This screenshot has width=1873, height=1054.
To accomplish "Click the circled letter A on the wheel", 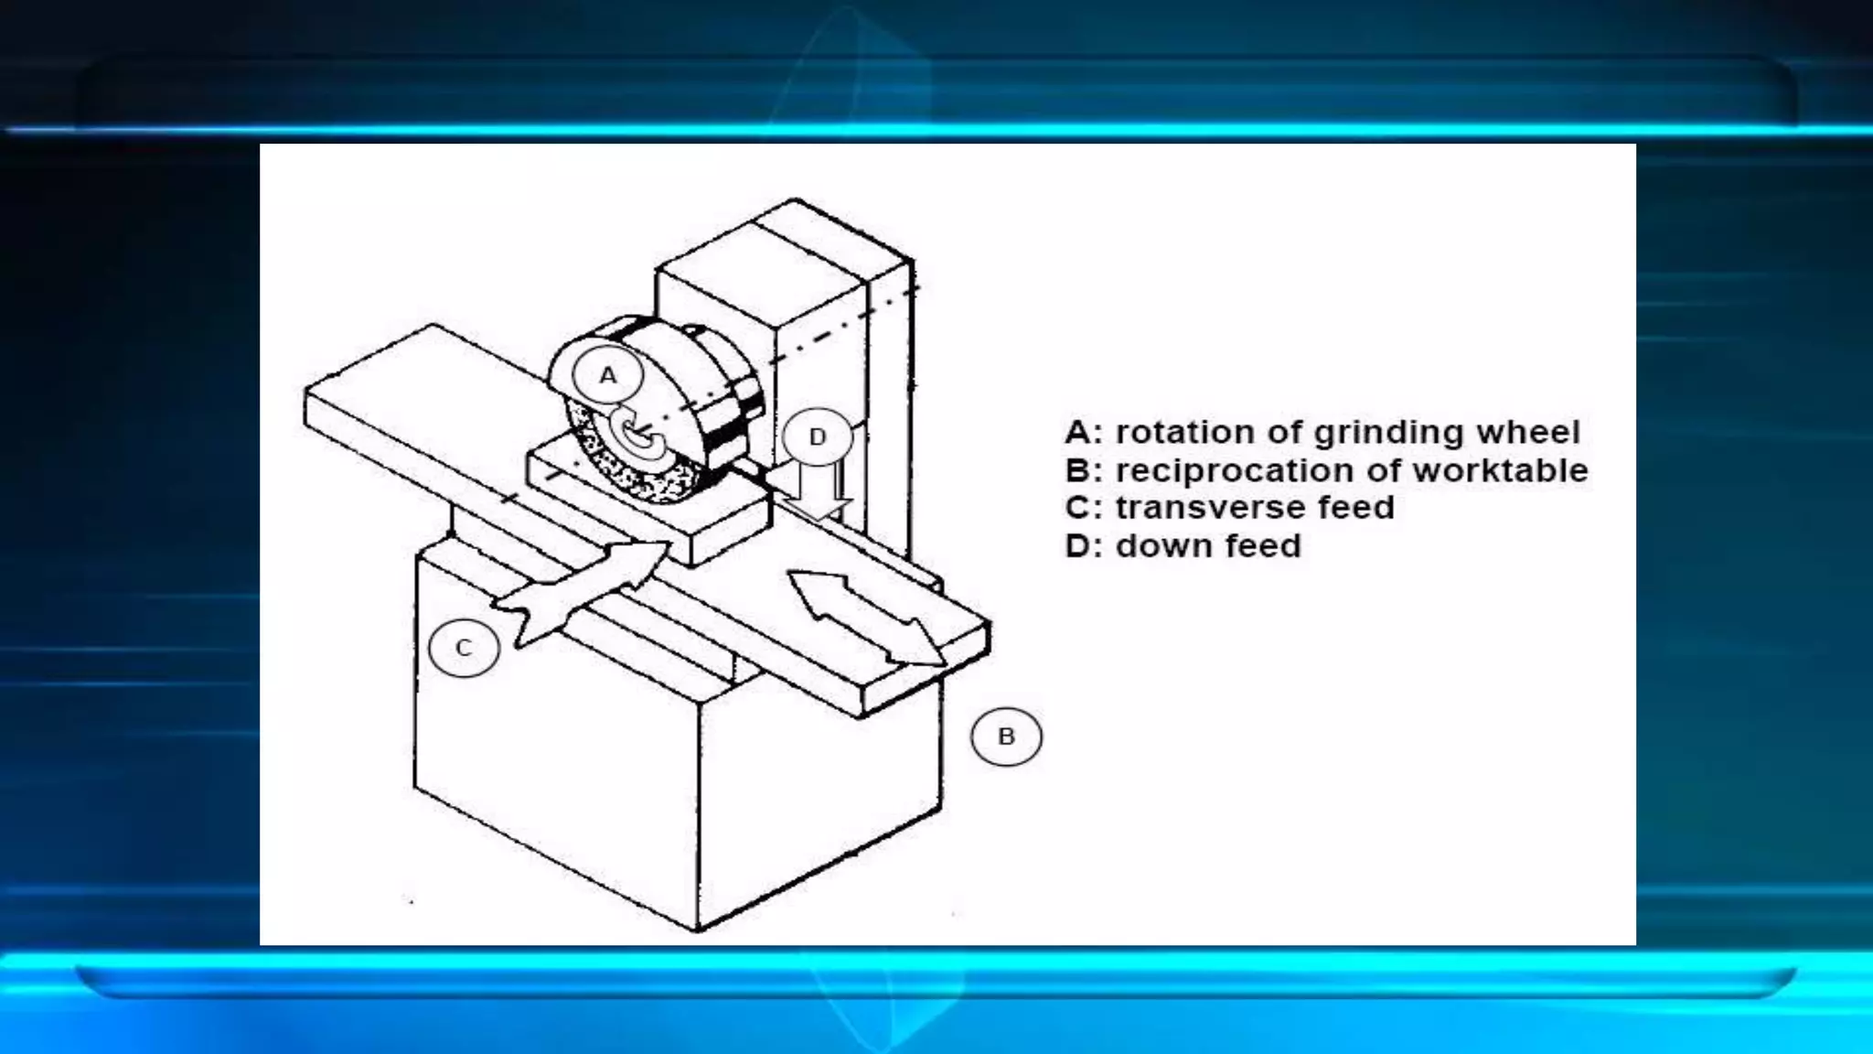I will point(608,375).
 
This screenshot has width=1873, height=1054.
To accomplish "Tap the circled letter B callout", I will point(1006,737).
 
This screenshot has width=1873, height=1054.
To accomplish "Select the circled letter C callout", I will point(464,648).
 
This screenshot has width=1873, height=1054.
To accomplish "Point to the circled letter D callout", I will point(818,436).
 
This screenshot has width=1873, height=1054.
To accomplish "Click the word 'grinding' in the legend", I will point(1389,432).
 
